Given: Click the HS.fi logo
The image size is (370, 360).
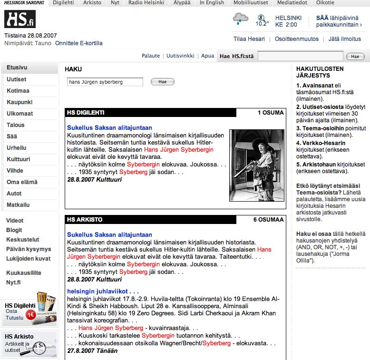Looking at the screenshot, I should coord(20,19).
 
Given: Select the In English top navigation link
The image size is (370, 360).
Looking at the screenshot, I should coord(212,3).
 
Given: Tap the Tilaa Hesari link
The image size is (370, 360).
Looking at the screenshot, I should coord(249,39).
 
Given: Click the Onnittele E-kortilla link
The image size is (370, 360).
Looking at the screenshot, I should coord(78,43).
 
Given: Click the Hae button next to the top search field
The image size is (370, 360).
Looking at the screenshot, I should coord(355,56).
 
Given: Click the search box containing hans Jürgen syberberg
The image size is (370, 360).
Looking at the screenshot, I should coord(105,82).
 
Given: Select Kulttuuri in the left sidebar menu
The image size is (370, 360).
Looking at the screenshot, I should coord(19,159).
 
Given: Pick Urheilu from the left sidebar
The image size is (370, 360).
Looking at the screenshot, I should coord(17,148).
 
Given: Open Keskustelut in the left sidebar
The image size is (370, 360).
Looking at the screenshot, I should coord(23,240).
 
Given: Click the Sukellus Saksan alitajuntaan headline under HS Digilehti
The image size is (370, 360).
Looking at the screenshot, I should coord(109,127).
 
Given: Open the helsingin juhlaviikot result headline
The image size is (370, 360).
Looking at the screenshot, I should coord(103,291).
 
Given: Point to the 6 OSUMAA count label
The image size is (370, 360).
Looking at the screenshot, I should coord(268,220).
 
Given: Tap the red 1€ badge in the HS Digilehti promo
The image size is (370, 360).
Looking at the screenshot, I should coord(30,314).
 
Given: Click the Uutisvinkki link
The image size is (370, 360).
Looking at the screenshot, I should coord(180,56).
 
